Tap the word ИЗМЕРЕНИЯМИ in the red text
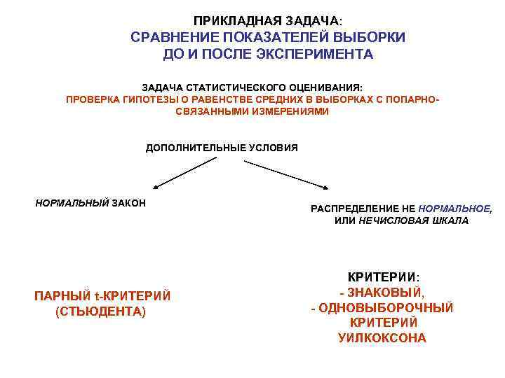pyautogui.click(x=285, y=111)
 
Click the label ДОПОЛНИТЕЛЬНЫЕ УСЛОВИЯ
pyautogui.click(x=222, y=148)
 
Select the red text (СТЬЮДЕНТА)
pyautogui.click(x=100, y=311)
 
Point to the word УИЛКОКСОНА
pyautogui.click(x=382, y=338)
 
